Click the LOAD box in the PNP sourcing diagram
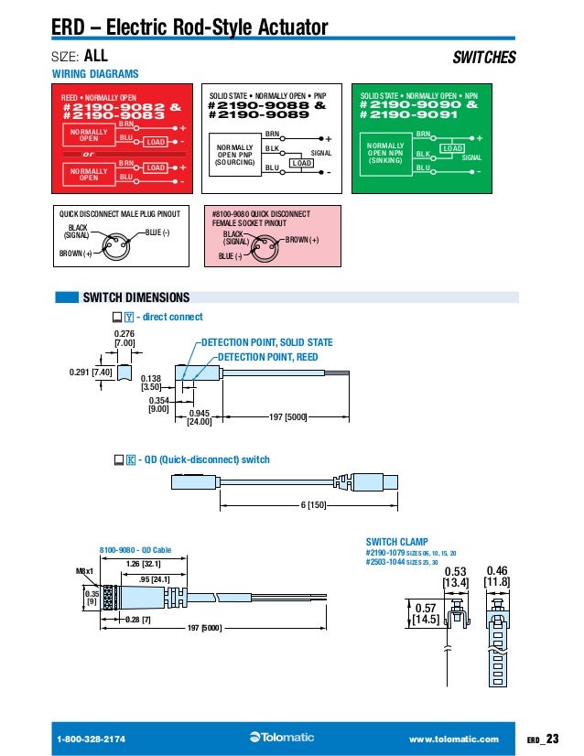(x=301, y=163)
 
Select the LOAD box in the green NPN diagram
(x=451, y=147)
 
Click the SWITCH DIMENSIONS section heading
(x=135, y=297)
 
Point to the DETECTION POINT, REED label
(x=267, y=357)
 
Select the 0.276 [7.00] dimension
(x=124, y=339)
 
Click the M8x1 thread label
(x=85, y=571)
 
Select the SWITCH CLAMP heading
(x=396, y=542)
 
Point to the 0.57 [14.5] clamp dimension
(x=425, y=613)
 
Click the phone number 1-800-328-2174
(x=92, y=739)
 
